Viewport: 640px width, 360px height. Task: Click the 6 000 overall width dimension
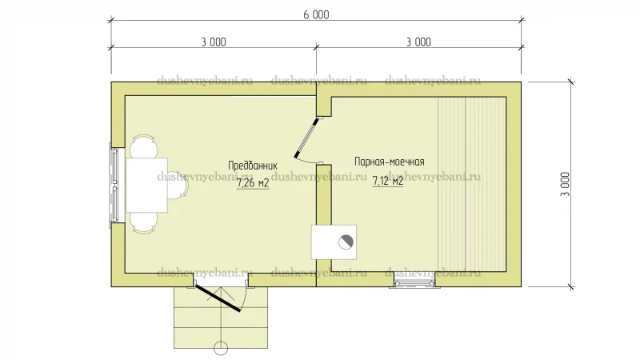[x=316, y=14]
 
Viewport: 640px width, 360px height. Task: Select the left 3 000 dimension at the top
[x=214, y=42]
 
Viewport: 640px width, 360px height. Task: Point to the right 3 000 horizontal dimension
[x=418, y=42]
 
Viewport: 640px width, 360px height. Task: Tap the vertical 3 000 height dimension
[x=566, y=184]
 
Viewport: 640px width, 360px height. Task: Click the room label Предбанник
[x=253, y=166]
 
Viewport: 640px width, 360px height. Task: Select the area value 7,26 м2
[x=253, y=183]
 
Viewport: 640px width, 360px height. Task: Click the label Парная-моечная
[x=390, y=162]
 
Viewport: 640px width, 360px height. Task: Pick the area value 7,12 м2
[x=388, y=181]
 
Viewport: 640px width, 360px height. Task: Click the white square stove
[x=334, y=242]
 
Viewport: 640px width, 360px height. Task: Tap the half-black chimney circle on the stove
[x=346, y=242]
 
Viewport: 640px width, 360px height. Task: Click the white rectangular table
[x=146, y=186]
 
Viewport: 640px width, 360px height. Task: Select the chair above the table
[x=143, y=146]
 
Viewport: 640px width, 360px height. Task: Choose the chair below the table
[x=143, y=223]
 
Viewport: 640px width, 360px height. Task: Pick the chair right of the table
[x=178, y=185]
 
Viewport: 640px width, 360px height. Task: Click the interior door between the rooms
[x=306, y=138]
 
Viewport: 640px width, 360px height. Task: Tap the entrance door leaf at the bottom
[x=218, y=298]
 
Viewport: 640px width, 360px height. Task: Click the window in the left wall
[x=114, y=186]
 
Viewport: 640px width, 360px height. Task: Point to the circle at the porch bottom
[x=221, y=348]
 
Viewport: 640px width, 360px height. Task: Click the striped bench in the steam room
[x=472, y=185]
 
